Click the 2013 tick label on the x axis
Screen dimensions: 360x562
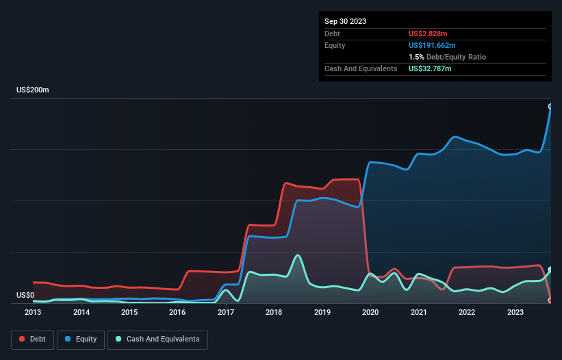click(33, 312)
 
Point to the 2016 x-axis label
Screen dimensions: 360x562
click(177, 312)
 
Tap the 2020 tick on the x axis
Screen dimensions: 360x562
click(370, 312)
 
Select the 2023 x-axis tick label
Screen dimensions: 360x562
click(515, 312)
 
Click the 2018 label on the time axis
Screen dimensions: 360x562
click(274, 312)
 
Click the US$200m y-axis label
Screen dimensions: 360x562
click(33, 90)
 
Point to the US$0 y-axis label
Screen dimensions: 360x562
click(25, 295)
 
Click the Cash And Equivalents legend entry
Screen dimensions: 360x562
click(157, 339)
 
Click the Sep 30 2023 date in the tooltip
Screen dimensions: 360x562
click(345, 21)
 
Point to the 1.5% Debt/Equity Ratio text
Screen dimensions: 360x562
click(447, 57)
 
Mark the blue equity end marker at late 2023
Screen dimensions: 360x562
click(550, 107)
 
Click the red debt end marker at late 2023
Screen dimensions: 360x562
click(550, 300)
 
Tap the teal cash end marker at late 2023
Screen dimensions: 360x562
click(550, 270)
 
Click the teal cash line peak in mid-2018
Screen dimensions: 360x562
click(298, 255)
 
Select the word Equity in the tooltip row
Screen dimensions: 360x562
click(335, 45)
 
